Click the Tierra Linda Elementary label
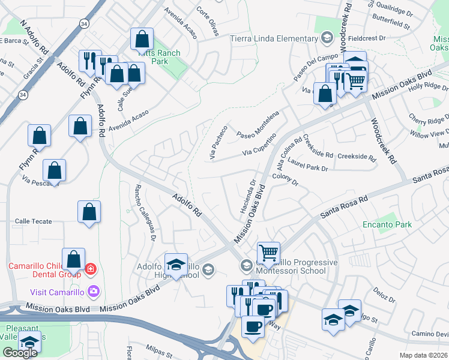(x=274, y=39)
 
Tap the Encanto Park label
(x=387, y=225)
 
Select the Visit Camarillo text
(x=57, y=292)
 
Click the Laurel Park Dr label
(x=308, y=167)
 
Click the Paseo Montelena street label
(x=258, y=124)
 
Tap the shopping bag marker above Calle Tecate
(x=89, y=212)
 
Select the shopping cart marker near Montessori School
(x=268, y=252)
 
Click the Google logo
(x=20, y=353)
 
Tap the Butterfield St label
(x=391, y=27)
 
